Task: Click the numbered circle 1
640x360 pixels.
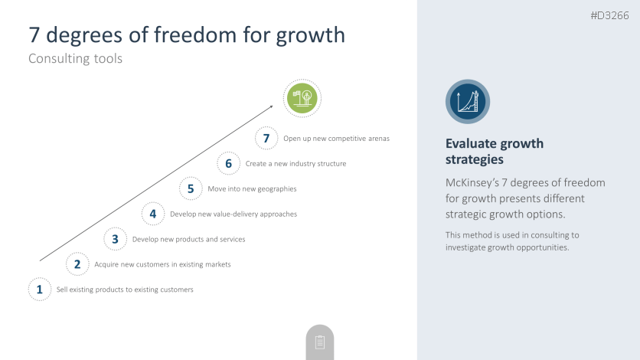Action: (x=40, y=290)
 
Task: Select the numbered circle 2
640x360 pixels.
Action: (x=77, y=264)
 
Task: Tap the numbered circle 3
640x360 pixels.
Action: (x=115, y=239)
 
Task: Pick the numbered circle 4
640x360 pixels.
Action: (x=153, y=214)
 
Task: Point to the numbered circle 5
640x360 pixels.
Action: (x=191, y=188)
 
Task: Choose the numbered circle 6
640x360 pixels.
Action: (x=229, y=163)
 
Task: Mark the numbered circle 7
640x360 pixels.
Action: (x=266, y=138)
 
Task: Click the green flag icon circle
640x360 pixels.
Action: (x=302, y=98)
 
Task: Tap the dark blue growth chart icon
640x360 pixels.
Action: (x=468, y=102)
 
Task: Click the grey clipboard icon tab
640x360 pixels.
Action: (x=320, y=342)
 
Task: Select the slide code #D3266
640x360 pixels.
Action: (x=609, y=15)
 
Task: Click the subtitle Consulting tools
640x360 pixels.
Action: (x=76, y=58)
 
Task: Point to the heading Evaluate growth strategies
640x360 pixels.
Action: (x=495, y=152)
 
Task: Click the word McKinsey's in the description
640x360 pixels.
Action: (x=472, y=182)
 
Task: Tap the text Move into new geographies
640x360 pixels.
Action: (x=252, y=188)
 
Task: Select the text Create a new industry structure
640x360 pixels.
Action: (x=296, y=163)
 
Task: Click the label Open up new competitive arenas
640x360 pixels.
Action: (x=336, y=139)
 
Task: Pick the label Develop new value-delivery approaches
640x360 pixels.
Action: (x=233, y=214)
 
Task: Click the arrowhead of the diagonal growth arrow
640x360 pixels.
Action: (x=271, y=107)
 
